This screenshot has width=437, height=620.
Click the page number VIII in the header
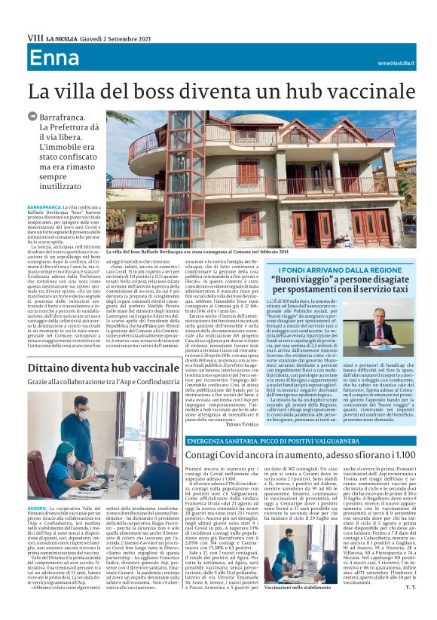click(34, 36)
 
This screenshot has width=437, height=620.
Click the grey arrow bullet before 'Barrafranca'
click(32, 117)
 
